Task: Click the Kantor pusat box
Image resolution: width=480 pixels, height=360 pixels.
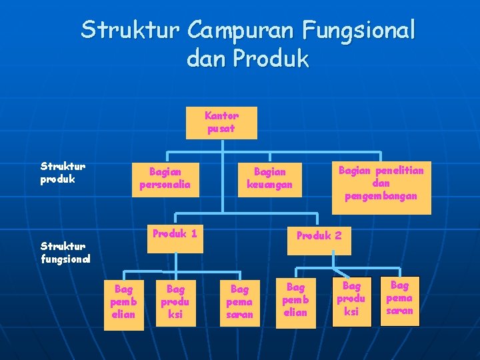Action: (x=221, y=122)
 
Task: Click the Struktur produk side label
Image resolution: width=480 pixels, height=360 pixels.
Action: (x=63, y=173)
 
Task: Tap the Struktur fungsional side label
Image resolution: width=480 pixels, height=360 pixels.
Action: (x=65, y=252)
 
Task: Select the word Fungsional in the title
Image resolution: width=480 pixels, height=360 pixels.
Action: (x=358, y=30)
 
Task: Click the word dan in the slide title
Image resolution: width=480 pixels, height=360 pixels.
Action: (x=205, y=59)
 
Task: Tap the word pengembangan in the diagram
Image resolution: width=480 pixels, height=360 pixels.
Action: (x=381, y=196)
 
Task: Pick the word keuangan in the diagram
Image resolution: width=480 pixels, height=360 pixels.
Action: (x=269, y=185)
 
